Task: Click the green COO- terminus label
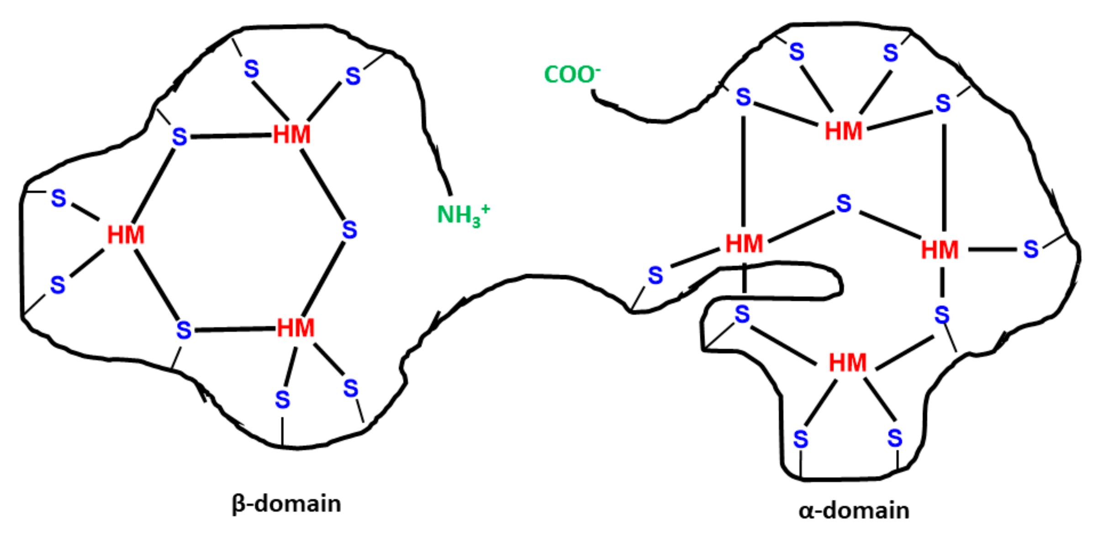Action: pos(571,74)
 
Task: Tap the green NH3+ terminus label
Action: pos(463,215)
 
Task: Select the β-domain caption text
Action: pos(286,504)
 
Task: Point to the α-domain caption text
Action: pos(854,510)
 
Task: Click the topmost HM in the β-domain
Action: pos(291,135)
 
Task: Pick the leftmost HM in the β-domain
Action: pos(126,235)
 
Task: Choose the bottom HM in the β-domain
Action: pos(296,328)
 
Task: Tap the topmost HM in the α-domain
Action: pos(843,131)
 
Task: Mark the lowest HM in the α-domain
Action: pos(847,363)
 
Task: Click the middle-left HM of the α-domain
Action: pos(744,244)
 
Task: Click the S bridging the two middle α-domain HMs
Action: pos(844,204)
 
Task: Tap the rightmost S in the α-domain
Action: pos(1031,249)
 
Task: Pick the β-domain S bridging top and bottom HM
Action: pos(349,230)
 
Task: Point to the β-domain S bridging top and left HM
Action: pos(179,137)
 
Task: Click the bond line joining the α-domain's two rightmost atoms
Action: pos(992,250)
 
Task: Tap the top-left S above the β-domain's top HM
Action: pos(251,69)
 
